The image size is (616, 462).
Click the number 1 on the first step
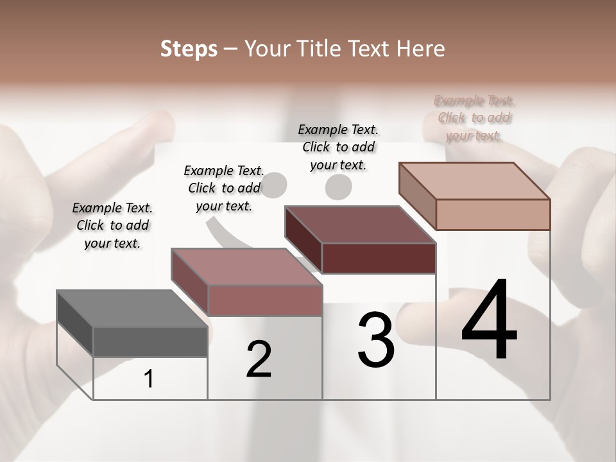(149, 379)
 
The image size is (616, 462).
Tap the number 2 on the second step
(259, 359)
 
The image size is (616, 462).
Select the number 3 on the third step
(376, 340)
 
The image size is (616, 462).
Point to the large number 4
(490, 320)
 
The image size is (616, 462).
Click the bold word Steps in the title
(189, 49)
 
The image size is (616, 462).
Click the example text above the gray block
(112, 225)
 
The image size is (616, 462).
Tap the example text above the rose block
(224, 188)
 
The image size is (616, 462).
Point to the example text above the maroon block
(338, 147)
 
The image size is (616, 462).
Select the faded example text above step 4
(474, 118)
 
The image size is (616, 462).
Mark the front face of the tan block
(493, 214)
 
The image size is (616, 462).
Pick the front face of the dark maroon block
(379, 258)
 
